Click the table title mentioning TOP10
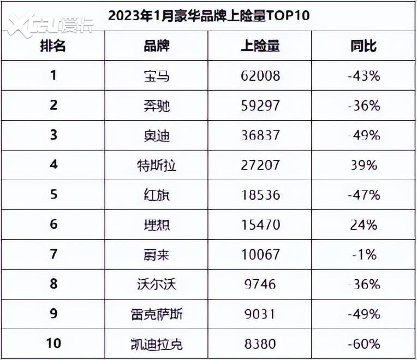coord(208,15)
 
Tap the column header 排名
coord(53,46)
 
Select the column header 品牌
coord(157,46)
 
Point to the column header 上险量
coord(260,46)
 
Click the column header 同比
coord(364,46)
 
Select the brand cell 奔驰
coord(157,105)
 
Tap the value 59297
coord(260,105)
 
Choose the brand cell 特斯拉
coord(157,165)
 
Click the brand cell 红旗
coord(157,195)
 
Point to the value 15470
coord(260,224)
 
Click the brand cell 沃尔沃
coord(157,284)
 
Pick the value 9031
coord(260,314)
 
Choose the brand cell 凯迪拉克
coord(157,344)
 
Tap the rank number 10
coord(53,344)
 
